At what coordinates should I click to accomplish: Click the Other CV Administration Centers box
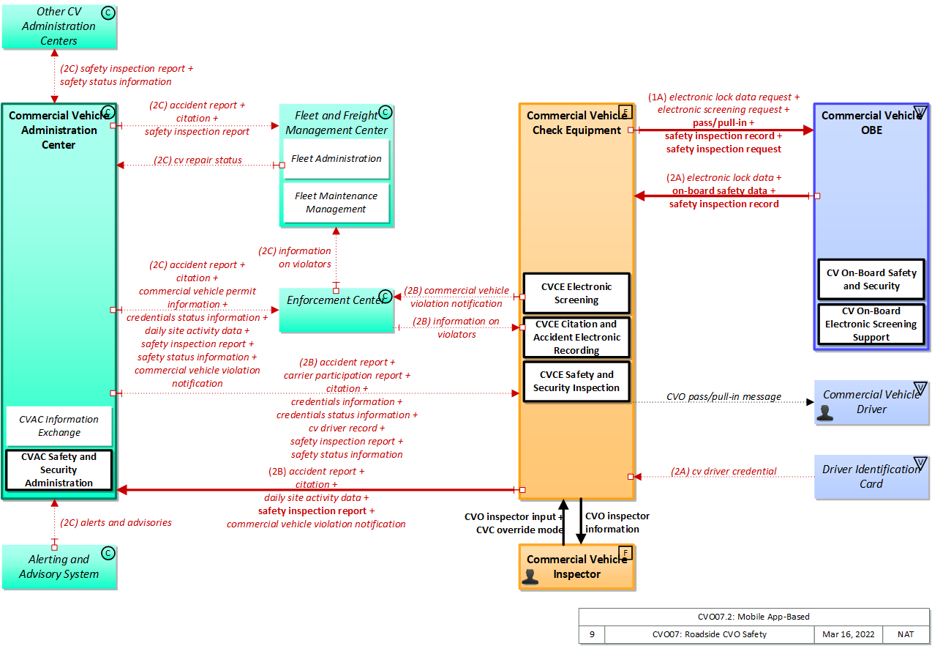coord(59,26)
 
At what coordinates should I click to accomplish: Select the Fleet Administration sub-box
coord(337,159)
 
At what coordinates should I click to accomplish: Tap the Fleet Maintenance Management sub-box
coord(337,203)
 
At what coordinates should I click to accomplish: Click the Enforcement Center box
coord(336,308)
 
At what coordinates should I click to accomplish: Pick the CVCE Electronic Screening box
coord(576,293)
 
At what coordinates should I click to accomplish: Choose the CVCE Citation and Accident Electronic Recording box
coord(576,337)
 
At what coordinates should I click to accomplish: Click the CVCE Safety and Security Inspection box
coord(576,381)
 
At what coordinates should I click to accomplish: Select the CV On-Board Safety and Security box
coord(871,279)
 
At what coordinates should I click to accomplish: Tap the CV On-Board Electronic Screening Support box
coord(871,324)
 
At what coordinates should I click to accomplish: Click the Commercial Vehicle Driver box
coord(871,402)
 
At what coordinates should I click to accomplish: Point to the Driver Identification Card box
coord(871,477)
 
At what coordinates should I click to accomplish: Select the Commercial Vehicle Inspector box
coord(576,567)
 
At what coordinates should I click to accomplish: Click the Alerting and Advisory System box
coord(59,567)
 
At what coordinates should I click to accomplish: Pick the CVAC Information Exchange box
coord(59,426)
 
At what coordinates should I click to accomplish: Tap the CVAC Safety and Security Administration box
coord(59,469)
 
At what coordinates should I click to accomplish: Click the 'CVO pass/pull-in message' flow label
coord(724,397)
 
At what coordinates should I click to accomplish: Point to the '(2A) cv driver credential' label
coord(724,472)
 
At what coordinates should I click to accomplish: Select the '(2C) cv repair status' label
coord(198,160)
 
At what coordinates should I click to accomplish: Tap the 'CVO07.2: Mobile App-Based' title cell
coord(754,617)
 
